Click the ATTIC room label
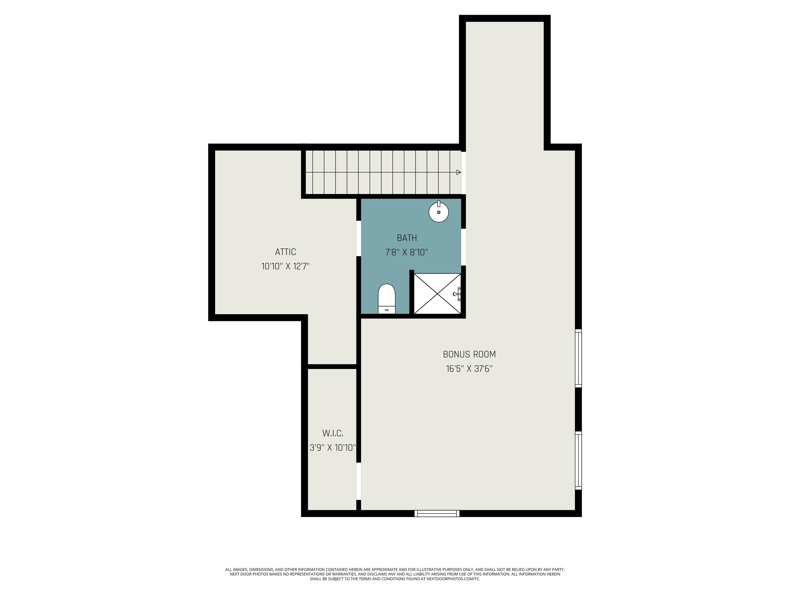[285, 252]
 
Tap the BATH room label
[407, 238]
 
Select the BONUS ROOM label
[469, 354]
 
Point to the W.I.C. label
[333, 433]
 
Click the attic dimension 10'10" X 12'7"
[285, 266]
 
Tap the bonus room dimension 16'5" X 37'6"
[469, 369]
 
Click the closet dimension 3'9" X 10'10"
[333, 448]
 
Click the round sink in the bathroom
[438, 212]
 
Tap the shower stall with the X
[437, 294]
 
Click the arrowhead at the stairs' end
[459, 172]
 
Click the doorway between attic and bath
[358, 238]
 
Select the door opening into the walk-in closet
[358, 481]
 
